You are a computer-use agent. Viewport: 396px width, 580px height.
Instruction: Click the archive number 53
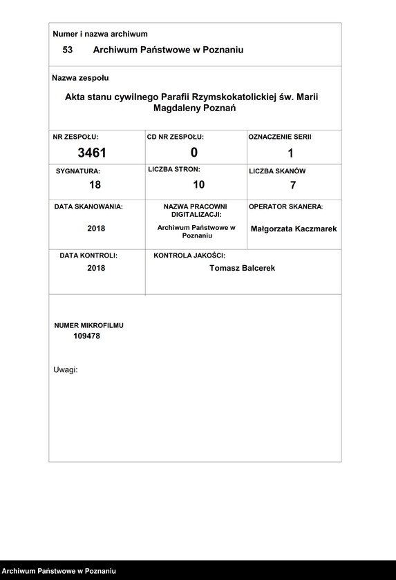tap(68, 50)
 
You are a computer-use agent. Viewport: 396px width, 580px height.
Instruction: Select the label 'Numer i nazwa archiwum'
tap(100, 34)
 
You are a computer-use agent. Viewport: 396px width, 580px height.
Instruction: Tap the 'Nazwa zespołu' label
tap(80, 78)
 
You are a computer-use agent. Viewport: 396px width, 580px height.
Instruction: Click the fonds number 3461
tap(92, 153)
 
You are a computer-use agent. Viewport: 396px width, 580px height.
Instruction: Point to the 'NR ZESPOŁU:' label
tap(76, 137)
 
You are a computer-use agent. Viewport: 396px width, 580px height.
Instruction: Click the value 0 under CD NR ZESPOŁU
tap(194, 153)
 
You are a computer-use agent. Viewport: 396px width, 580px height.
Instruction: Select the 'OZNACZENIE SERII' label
tap(280, 137)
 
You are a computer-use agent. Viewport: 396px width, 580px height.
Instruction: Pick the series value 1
tap(290, 153)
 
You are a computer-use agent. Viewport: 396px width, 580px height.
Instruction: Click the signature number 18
tap(95, 184)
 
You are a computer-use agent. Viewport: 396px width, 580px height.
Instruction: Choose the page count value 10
tap(198, 184)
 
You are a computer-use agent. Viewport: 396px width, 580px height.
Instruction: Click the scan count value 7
tap(293, 185)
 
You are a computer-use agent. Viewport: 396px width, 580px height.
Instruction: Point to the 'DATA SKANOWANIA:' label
tap(88, 206)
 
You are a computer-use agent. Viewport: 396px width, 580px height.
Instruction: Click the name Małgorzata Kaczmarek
tap(294, 229)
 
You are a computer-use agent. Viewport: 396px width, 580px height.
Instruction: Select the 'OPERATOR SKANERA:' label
tap(285, 206)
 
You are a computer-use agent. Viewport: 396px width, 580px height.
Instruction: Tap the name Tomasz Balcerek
tap(242, 268)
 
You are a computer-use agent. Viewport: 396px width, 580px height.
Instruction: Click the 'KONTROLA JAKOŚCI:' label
tap(189, 255)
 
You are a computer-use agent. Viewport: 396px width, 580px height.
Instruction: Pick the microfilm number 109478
tap(87, 336)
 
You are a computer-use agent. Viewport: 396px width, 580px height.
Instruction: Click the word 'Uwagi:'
tap(66, 370)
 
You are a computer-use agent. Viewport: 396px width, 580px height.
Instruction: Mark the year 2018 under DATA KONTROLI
tap(96, 268)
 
